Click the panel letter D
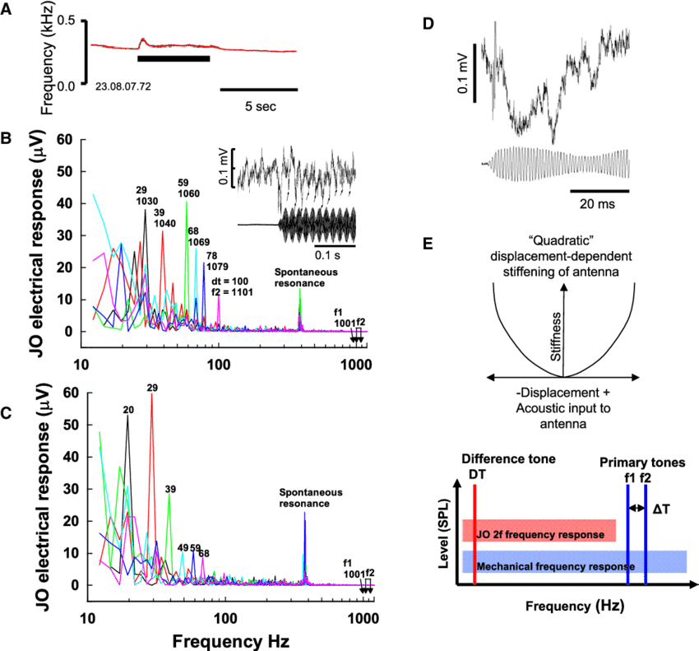[x=427, y=25]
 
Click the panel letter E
[x=427, y=244]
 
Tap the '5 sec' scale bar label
[x=259, y=106]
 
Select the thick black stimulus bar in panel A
[x=174, y=58]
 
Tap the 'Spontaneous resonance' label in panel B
[x=306, y=277]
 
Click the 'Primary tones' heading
[x=642, y=463]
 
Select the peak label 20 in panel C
[x=128, y=408]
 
